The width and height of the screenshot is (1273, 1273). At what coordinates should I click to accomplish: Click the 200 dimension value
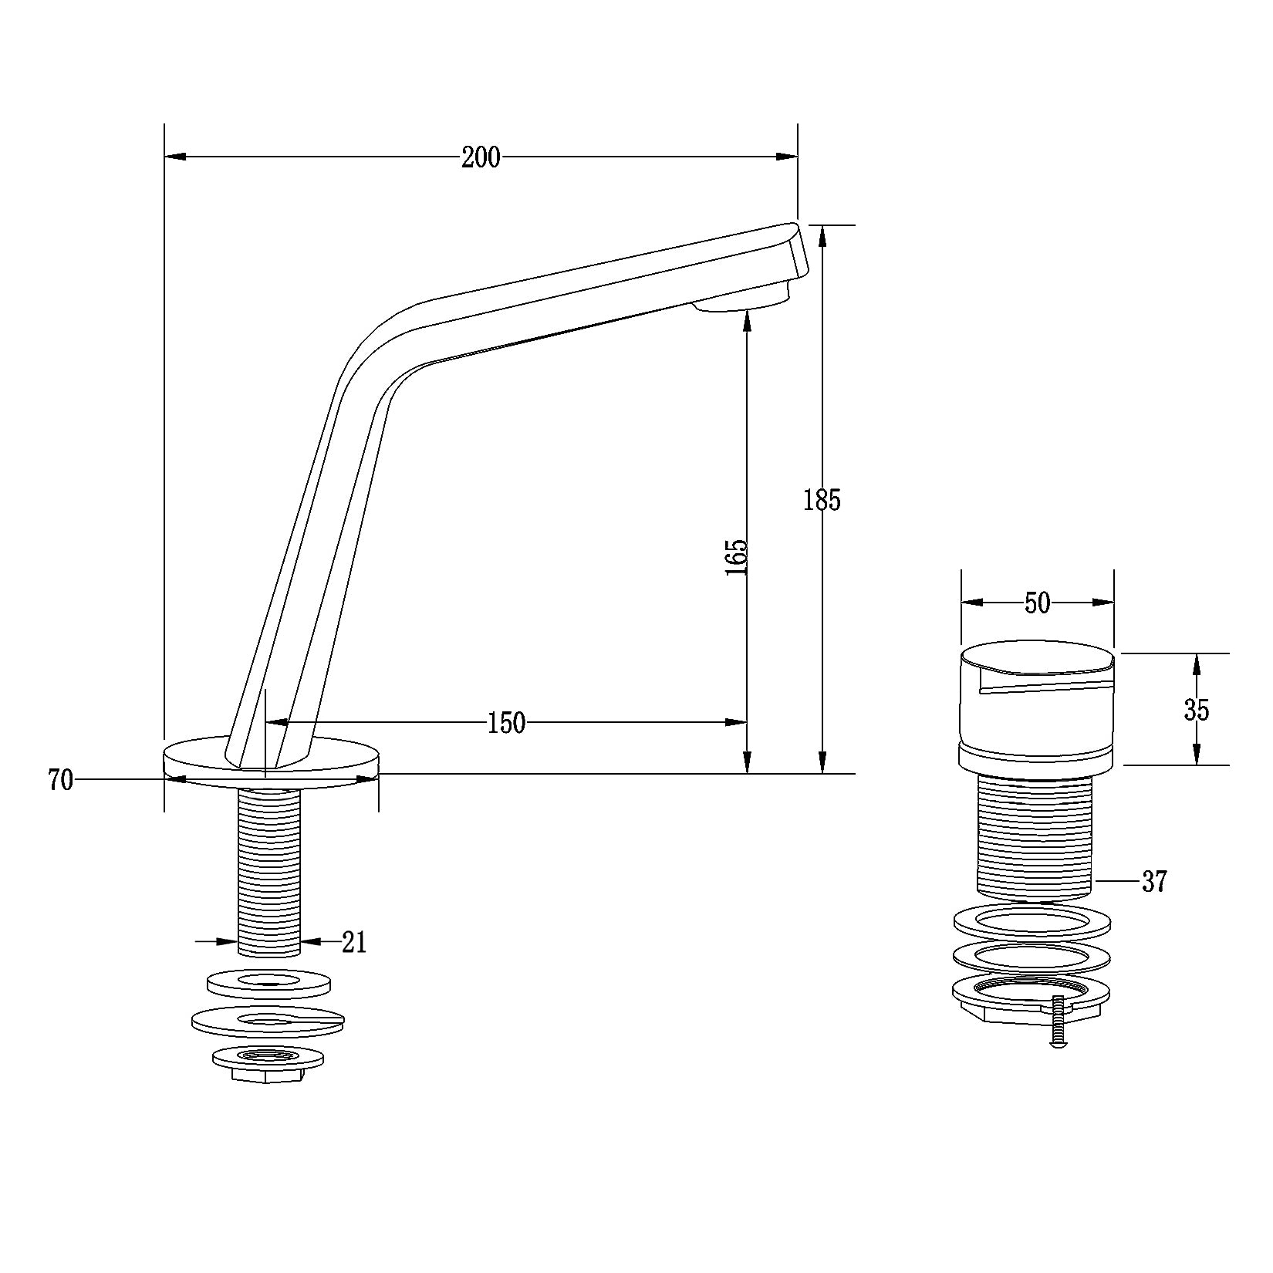481,157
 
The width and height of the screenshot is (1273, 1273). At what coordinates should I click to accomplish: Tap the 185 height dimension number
822,500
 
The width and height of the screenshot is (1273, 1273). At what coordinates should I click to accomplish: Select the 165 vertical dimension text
737,556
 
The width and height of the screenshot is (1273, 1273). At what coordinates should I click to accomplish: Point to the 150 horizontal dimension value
506,723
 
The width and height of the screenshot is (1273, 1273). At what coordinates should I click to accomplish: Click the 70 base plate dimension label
60,780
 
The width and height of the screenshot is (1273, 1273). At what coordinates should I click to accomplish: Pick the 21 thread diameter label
353,942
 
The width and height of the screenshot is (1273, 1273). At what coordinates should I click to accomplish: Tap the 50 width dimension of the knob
1038,603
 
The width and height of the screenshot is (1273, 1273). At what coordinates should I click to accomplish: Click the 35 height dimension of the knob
1197,709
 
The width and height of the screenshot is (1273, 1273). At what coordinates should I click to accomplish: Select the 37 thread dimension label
1154,881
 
